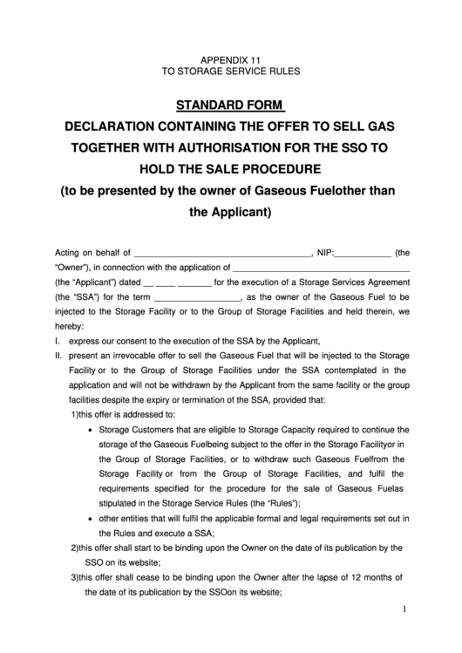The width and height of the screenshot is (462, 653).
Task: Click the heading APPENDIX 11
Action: click(231, 57)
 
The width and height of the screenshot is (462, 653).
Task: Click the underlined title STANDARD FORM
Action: click(230, 106)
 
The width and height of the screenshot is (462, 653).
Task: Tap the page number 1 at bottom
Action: click(405, 608)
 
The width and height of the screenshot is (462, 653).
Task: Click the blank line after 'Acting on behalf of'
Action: click(223, 253)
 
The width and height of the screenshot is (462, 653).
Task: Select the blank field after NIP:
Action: click(363, 253)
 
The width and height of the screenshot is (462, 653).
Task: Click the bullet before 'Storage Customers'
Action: click(93, 431)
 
